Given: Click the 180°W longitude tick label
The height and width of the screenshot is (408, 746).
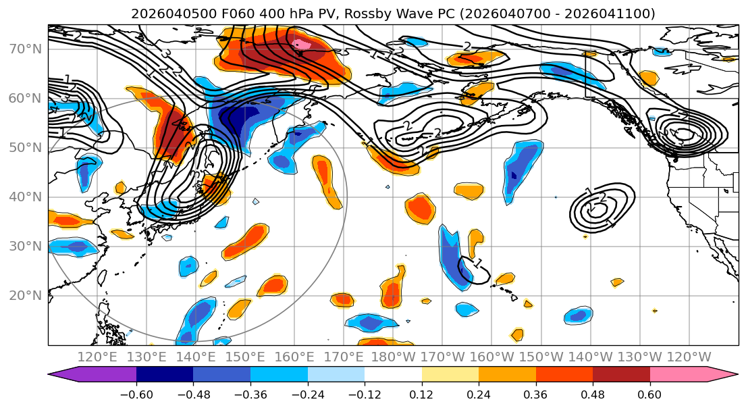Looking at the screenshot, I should (x=393, y=357).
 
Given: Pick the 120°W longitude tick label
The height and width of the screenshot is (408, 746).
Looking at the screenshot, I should (x=689, y=357).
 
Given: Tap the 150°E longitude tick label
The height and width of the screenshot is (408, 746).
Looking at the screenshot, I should (x=245, y=357).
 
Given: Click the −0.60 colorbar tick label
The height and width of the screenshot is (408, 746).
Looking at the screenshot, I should (x=136, y=394).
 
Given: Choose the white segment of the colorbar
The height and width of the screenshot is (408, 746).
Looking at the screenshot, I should (x=393, y=375).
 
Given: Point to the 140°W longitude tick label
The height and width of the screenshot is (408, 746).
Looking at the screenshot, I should (x=590, y=357).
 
